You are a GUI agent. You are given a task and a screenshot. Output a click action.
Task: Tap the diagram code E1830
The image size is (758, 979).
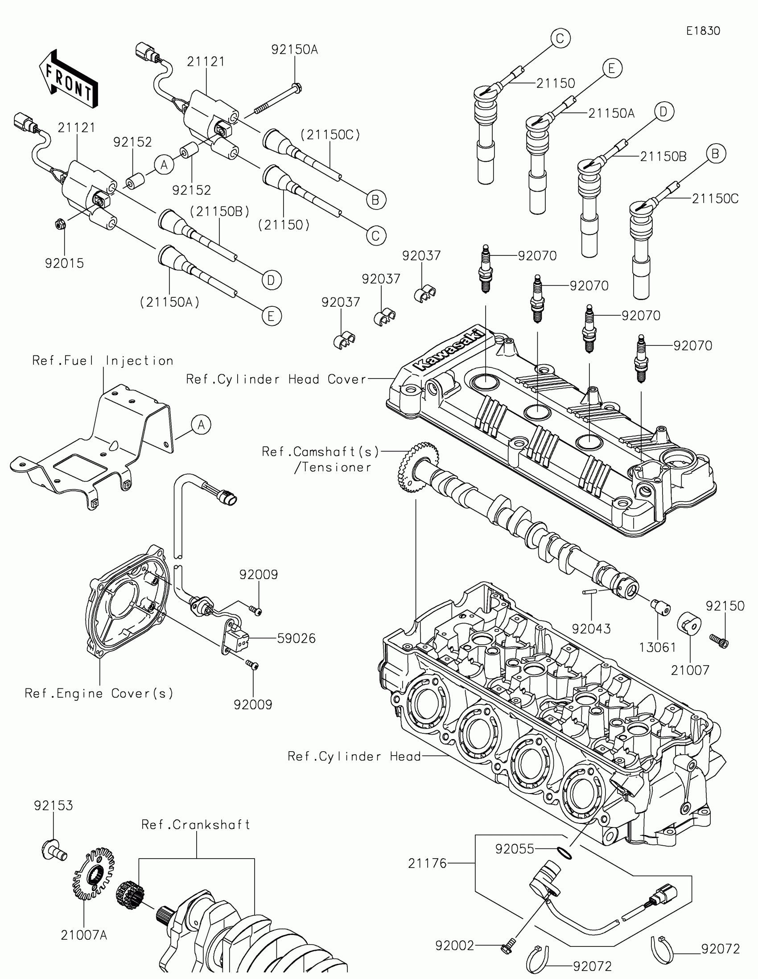703,30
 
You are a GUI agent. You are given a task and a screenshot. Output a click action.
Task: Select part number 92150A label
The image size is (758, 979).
294,50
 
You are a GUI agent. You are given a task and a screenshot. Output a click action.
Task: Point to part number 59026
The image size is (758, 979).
297,638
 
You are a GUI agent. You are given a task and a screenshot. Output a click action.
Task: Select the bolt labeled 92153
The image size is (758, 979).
54,850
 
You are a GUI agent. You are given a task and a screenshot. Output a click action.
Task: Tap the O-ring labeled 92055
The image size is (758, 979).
566,853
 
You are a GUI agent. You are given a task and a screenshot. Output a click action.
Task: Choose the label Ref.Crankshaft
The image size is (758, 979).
195,825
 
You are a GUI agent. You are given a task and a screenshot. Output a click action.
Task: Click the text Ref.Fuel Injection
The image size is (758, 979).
103,361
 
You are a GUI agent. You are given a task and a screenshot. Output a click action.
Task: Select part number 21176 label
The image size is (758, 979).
427,863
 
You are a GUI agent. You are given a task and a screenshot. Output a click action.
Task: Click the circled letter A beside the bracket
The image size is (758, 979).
201,424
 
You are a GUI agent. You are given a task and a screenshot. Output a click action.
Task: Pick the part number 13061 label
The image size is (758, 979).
658,647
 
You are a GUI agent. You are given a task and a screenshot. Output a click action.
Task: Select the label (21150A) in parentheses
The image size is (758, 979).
169,302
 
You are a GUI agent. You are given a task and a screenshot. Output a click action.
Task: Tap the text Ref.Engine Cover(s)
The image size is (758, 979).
99,694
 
